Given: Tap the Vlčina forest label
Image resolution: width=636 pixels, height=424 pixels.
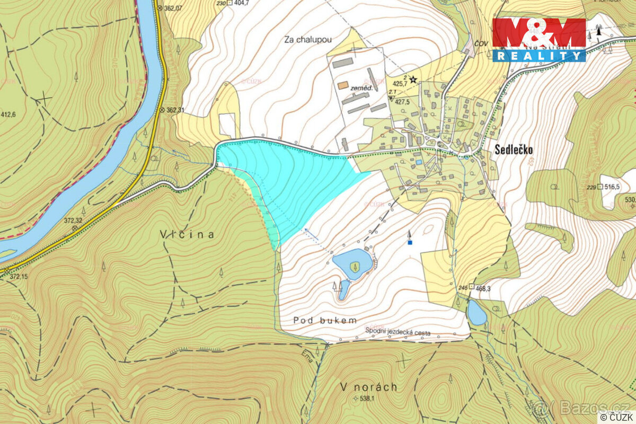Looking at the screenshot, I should tap(187, 234).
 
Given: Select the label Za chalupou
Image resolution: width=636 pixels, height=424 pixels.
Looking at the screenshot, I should tap(308, 39).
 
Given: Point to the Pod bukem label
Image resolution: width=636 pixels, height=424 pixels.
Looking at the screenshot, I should tap(325, 320).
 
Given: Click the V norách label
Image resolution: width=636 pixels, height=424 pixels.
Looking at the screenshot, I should tap(369, 387).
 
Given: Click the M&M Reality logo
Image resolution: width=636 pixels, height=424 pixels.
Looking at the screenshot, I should tap(539, 39).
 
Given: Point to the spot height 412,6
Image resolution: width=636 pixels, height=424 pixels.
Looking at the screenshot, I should tap(8, 114).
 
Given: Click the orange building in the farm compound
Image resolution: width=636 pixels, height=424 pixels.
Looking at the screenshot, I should tap(343, 85).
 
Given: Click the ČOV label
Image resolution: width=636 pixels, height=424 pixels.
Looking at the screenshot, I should tap(480, 43).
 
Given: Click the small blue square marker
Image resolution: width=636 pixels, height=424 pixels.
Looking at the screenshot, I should tap(410, 243).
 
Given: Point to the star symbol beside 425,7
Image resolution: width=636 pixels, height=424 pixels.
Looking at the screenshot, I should tap(413, 79).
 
